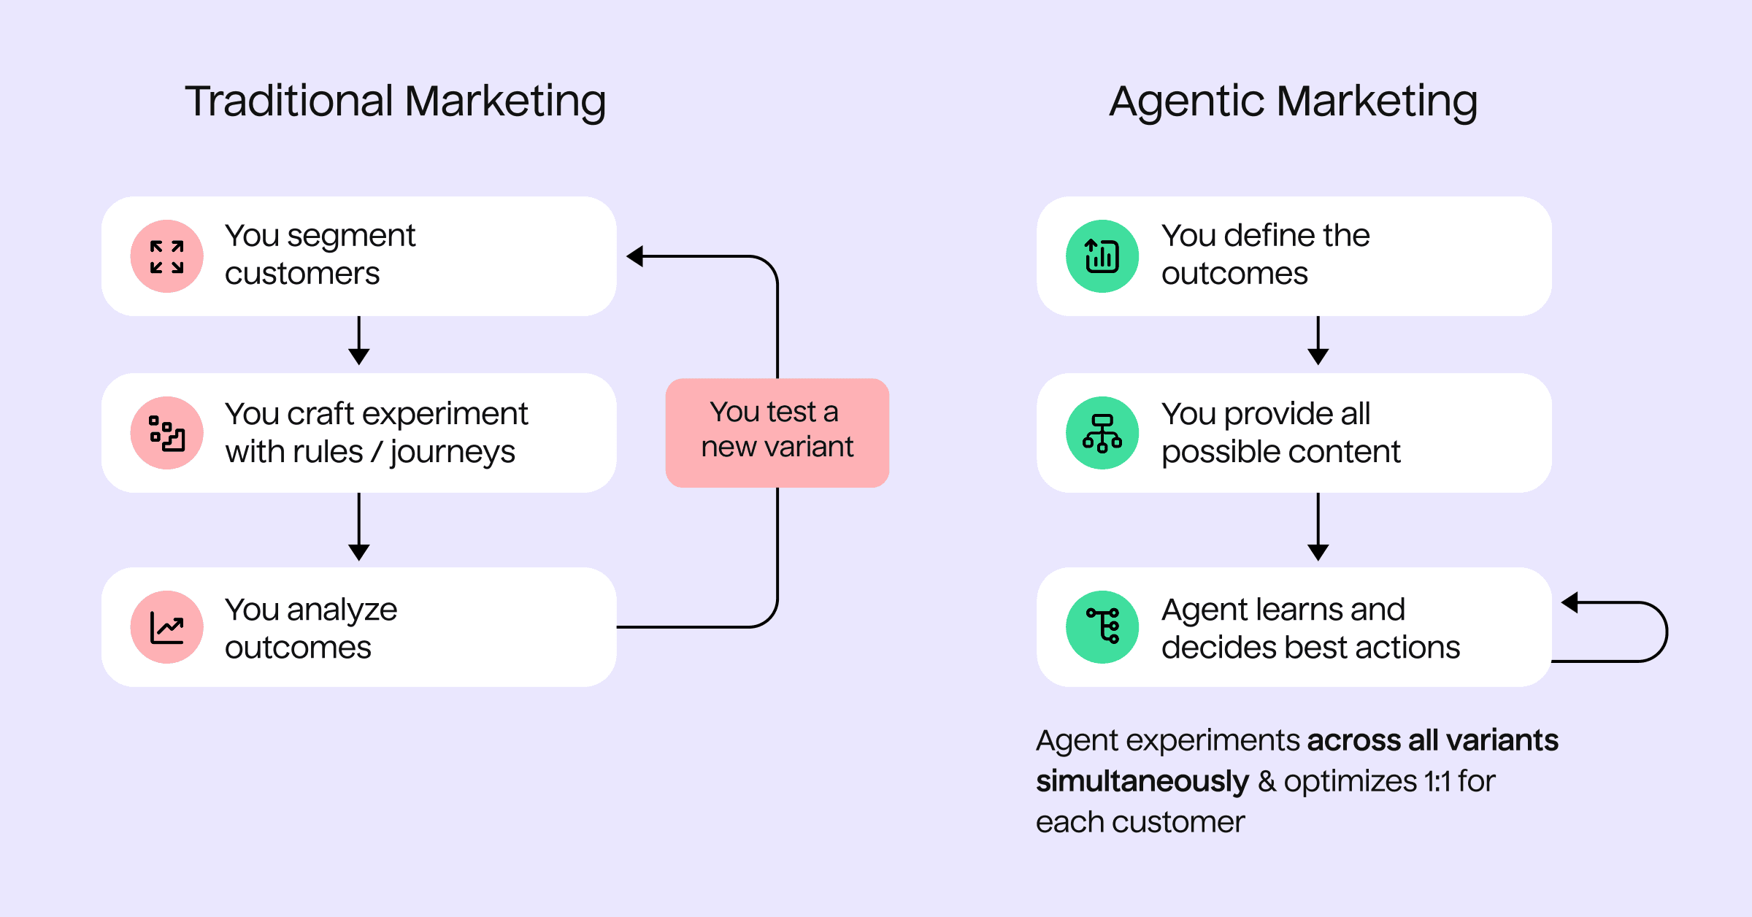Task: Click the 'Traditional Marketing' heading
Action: tap(395, 101)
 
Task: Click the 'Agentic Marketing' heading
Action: tap(1293, 101)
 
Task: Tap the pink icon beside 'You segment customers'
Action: tap(167, 256)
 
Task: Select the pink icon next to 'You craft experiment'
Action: tap(167, 433)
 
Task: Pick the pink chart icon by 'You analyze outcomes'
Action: tap(167, 627)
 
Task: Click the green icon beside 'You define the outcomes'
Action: tap(1102, 256)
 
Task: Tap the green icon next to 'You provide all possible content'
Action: tap(1102, 433)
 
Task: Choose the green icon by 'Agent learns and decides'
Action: tap(1102, 627)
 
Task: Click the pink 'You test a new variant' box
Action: tap(777, 432)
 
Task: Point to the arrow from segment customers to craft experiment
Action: tap(358, 342)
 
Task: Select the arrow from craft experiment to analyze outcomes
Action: tap(358, 527)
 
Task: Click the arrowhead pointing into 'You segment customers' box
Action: tap(635, 256)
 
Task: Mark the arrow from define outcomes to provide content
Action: tap(1318, 342)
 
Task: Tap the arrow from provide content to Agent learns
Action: tap(1318, 527)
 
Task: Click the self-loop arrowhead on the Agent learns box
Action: tap(1570, 602)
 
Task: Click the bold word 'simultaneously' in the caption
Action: tap(1142, 781)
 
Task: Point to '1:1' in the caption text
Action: tap(1437, 781)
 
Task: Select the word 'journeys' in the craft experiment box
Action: tap(453, 452)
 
